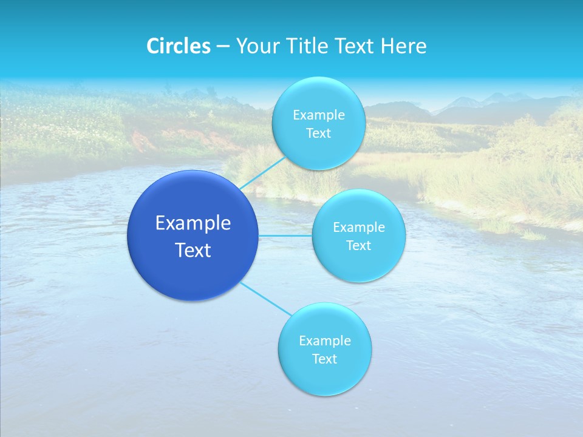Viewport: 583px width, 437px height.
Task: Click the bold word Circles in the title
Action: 178,46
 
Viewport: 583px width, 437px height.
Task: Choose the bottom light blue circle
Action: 324,376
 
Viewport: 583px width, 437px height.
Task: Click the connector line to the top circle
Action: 262,172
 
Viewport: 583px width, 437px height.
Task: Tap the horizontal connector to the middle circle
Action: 285,235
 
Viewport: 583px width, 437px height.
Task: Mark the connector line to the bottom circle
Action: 265,298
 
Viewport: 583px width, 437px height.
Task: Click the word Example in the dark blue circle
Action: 193,223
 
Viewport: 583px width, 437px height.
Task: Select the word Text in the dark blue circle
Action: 193,250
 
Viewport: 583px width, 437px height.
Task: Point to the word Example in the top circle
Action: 318,115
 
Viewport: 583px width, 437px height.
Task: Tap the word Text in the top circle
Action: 318,134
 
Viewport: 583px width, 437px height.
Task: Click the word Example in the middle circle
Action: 358,228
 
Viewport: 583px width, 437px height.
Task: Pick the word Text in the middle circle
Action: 358,246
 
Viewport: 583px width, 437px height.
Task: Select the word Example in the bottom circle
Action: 324,341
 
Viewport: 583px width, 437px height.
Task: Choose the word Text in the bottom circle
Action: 324,359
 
